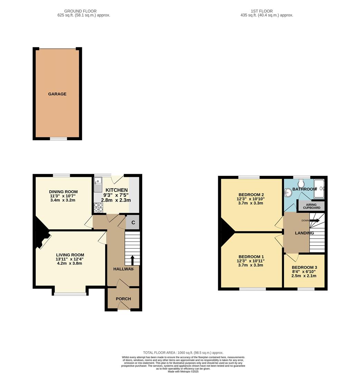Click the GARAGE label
(57, 94)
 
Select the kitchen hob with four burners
(98, 207)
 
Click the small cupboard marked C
(133, 223)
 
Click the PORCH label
(123, 299)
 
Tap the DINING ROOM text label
(63, 192)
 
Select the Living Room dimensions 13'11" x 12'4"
(70, 259)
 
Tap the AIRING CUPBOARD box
(312, 206)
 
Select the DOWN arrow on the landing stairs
(314, 220)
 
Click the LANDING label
(304, 233)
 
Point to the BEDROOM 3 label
(304, 267)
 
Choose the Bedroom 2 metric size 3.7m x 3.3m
(251, 203)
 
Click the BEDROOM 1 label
(251, 257)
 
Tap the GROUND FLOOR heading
(81, 11)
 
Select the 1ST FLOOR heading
(261, 11)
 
